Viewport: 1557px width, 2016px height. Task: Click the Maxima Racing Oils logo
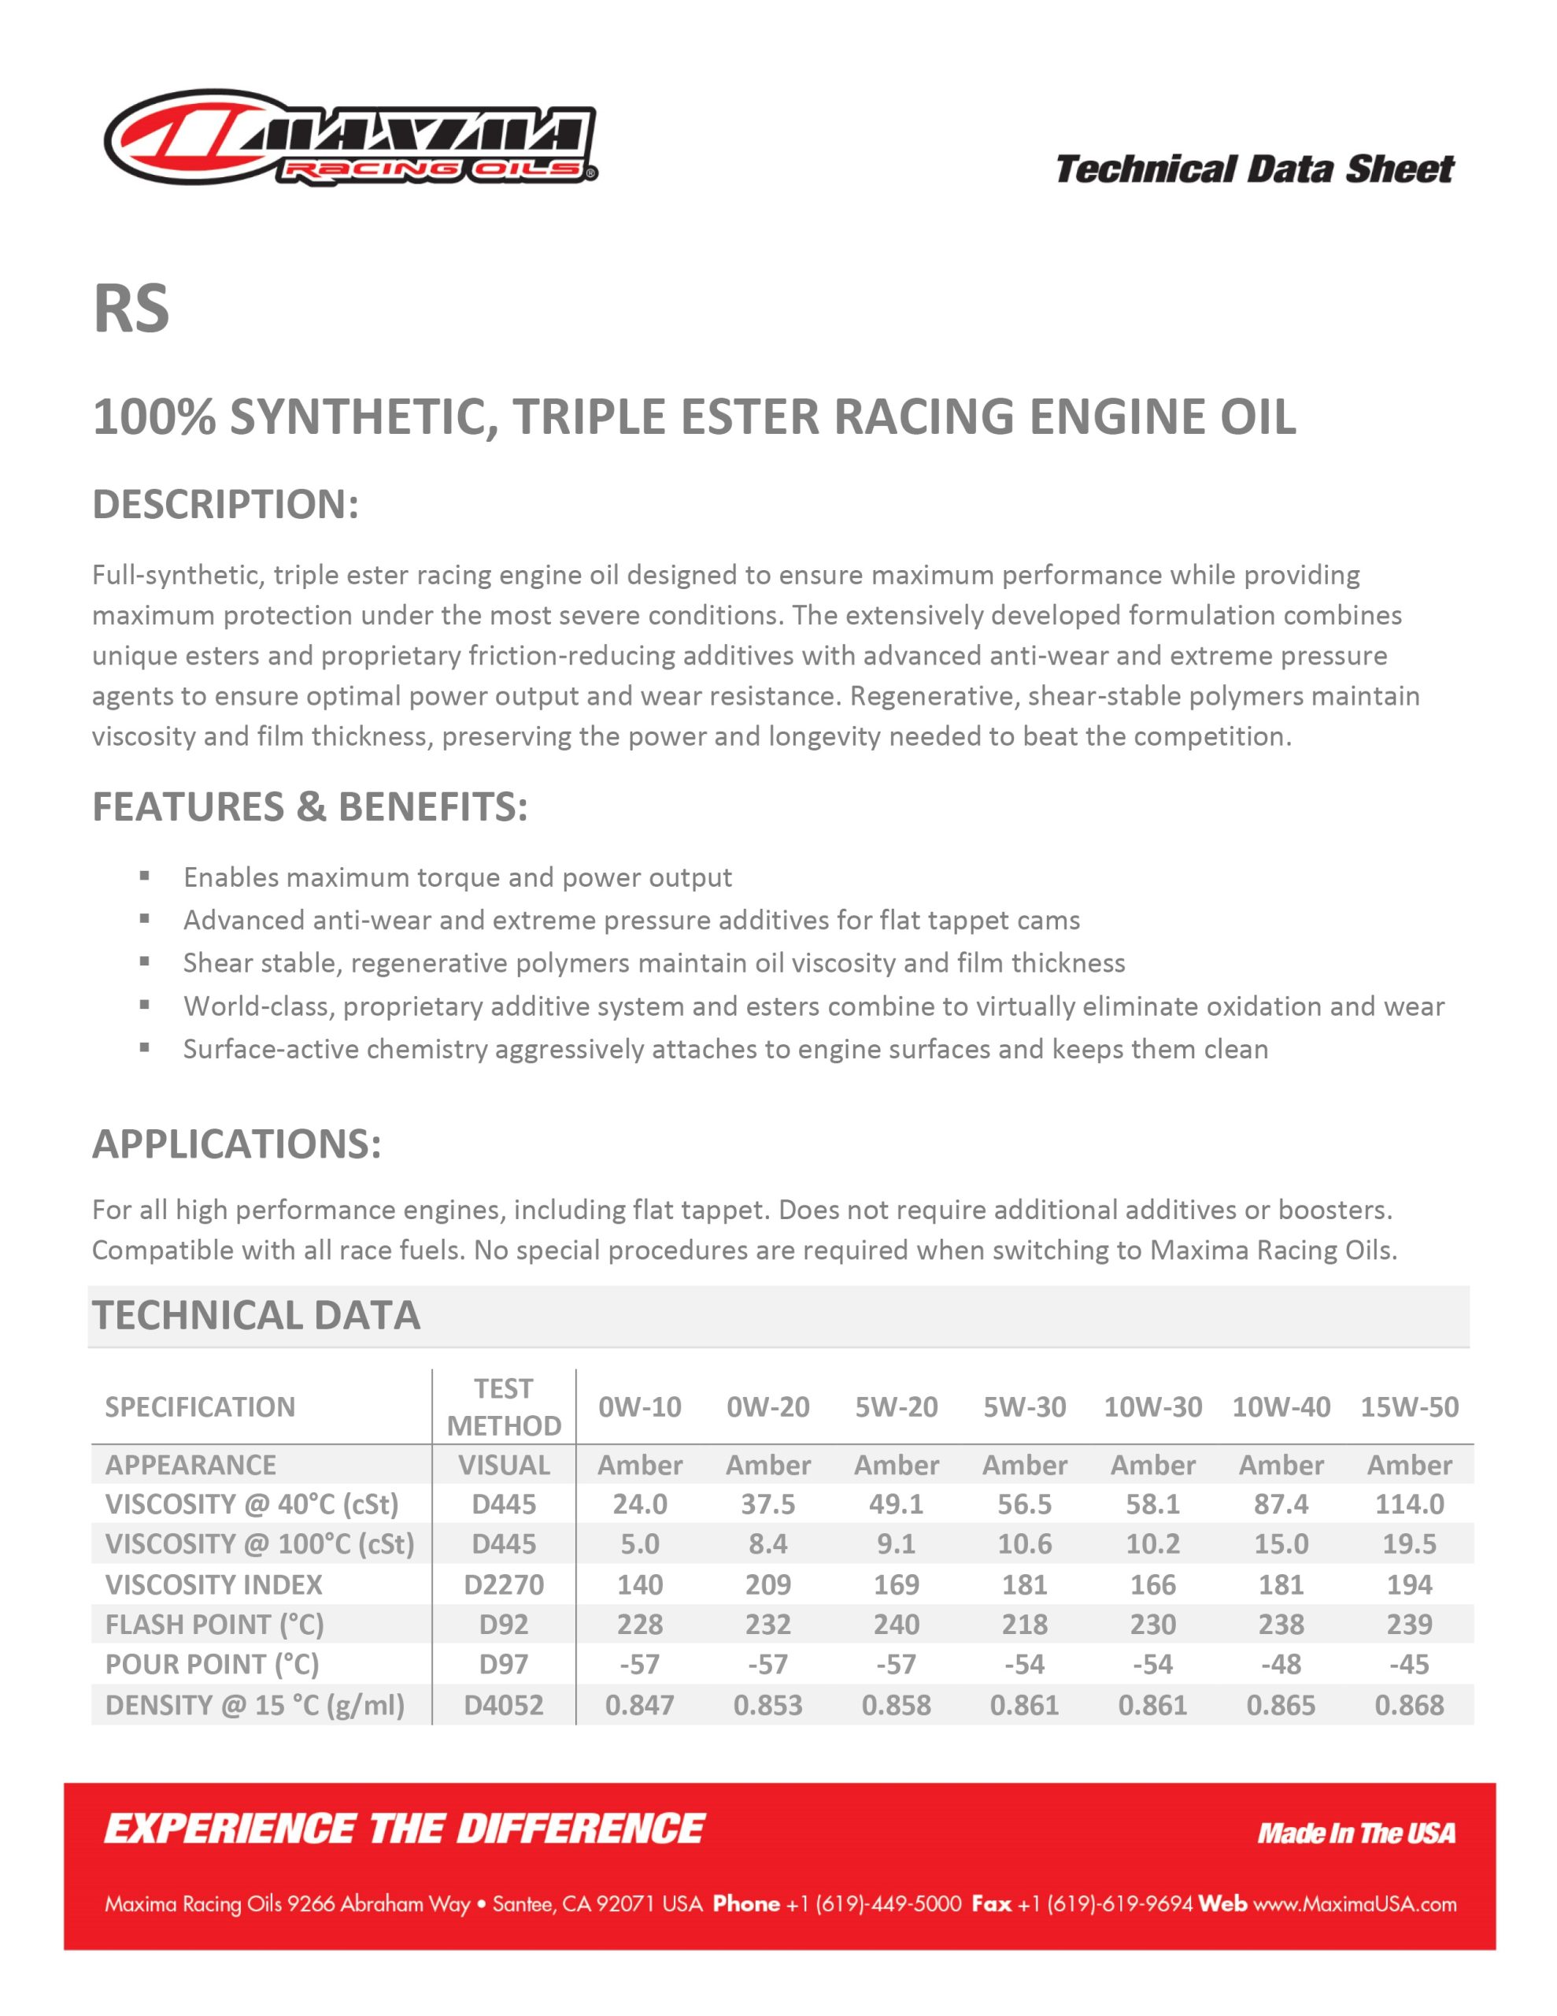[351, 139]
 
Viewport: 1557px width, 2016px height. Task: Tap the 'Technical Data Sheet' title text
[1254, 169]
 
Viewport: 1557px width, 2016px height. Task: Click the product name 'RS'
[131, 309]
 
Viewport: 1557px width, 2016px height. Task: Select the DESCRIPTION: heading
[225, 504]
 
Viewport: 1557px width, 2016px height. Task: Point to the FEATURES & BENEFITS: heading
[310, 806]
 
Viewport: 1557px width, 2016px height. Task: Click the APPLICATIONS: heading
[236, 1143]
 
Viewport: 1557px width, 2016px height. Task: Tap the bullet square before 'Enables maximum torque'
[144, 876]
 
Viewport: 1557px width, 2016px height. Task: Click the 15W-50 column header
[1409, 1406]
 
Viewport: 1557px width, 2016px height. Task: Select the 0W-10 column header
[640, 1406]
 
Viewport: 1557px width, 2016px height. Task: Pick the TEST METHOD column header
[504, 1406]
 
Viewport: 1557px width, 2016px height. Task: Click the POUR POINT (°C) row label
[213, 1664]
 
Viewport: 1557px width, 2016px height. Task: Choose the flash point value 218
[1024, 1625]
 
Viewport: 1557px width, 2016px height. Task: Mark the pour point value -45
[1409, 1664]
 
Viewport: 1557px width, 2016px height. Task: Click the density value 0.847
[640, 1705]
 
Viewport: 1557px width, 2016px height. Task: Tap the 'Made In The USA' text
[1355, 1833]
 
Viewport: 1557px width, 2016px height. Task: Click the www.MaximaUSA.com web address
[1355, 1903]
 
